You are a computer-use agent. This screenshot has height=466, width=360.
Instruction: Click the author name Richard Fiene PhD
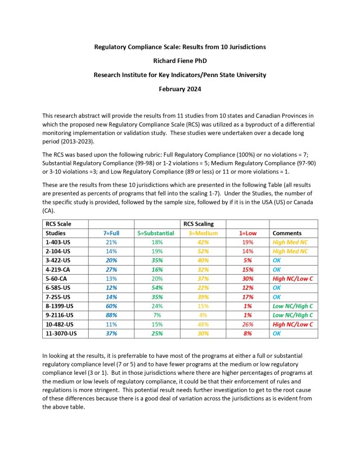(x=180, y=60)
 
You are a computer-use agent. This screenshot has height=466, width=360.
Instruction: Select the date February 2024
(x=180, y=89)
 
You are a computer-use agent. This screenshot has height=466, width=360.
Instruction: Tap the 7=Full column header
(x=111, y=232)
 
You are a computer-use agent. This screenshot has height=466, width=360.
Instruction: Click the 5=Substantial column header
(x=156, y=232)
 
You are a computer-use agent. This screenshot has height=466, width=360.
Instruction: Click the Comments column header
(x=286, y=232)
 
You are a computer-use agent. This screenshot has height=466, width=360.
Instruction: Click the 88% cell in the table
(x=111, y=315)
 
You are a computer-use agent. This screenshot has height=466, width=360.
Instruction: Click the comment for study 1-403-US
(x=290, y=242)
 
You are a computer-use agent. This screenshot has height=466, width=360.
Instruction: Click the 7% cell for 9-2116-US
(x=156, y=315)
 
